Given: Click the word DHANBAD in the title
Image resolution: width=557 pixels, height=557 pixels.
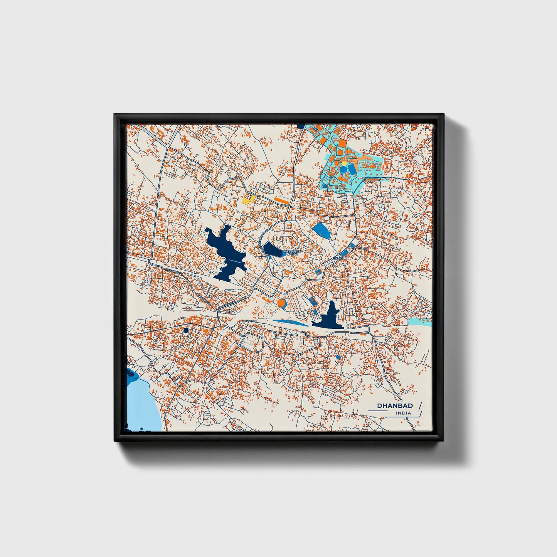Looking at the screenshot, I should coord(395,406).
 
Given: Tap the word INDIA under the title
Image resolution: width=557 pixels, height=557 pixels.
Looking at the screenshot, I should coord(403,413).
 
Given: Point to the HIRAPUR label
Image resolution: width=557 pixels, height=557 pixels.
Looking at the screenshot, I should coord(340,256).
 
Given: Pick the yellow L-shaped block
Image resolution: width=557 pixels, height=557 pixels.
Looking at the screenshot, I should coord(249,199).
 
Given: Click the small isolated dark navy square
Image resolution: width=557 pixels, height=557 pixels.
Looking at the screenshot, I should coord(185,330).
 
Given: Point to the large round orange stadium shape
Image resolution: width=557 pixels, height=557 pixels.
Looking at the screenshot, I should coord(281,303).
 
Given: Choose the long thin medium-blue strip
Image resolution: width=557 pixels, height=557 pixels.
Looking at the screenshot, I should coord(291,321).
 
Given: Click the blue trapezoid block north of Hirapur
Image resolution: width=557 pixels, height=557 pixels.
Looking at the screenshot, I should coord(321,231).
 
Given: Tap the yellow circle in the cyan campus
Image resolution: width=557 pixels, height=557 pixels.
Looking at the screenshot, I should coord(343,163).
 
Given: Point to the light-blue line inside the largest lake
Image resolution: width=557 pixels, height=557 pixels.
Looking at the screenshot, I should coord(236,261).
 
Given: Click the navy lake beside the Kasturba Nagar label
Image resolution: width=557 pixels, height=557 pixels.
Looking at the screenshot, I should coord(273,250).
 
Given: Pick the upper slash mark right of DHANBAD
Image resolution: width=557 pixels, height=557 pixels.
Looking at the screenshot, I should coord(419,406).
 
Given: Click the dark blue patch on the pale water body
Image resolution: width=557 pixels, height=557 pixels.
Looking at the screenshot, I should coord(131,374).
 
